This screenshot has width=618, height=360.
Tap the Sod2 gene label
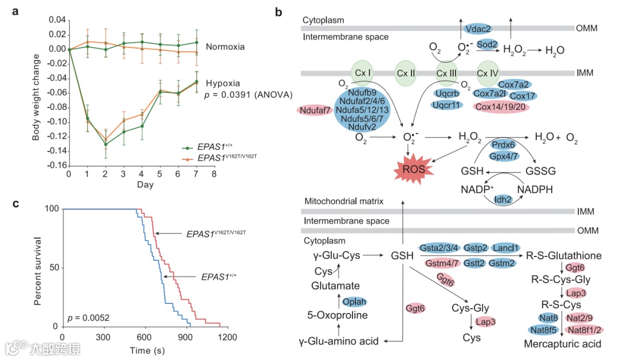coord(488,45)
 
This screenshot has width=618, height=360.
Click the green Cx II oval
coord(405,74)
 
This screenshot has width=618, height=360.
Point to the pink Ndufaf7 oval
coord(314,109)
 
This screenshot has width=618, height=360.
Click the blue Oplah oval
coord(354,302)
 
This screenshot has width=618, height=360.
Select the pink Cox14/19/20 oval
coord(501,106)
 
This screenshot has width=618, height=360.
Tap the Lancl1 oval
coord(506,247)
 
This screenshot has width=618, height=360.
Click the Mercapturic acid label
coord(562,344)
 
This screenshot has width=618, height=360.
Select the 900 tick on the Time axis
coord(186,337)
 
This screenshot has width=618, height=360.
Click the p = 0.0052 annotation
coord(89,317)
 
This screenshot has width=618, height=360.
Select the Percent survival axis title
coord(38,267)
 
